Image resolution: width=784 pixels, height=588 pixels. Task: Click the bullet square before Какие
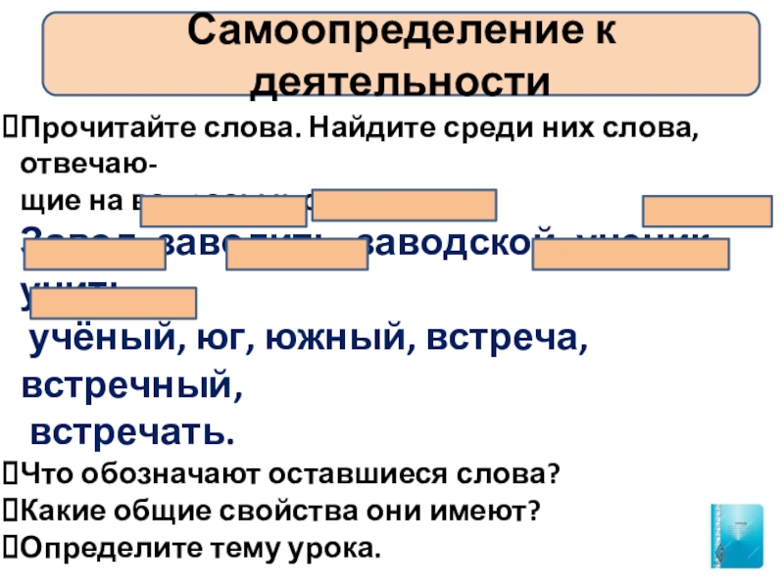tap(10, 512)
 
